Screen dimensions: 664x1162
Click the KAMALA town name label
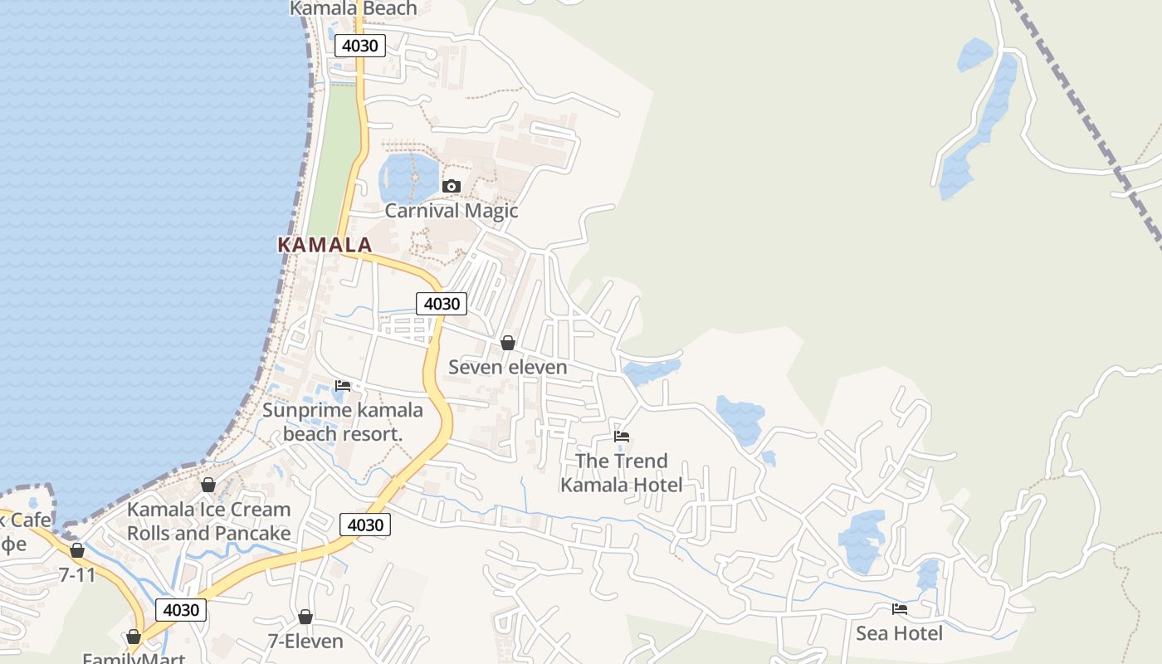[325, 245]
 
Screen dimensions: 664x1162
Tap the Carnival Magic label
[452, 211]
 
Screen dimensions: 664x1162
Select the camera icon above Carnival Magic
[452, 186]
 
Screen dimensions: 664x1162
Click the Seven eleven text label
[508, 367]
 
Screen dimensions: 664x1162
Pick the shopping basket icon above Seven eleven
[508, 343]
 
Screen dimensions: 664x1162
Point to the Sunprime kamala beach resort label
[343, 422]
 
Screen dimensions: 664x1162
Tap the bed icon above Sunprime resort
[343, 385]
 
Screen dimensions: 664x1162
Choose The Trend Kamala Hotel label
[622, 473]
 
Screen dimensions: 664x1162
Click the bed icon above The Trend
[622, 437]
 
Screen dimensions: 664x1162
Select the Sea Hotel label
[899, 633]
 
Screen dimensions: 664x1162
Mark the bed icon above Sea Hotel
[899, 609]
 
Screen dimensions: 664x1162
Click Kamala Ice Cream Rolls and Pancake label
[208, 521]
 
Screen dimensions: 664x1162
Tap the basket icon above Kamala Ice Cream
[208, 485]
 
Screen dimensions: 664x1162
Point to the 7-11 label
[77, 574]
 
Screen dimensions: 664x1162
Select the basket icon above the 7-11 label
[77, 550]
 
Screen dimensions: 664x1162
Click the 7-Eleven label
[305, 641]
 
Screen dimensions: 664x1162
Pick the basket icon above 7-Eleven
[305, 617]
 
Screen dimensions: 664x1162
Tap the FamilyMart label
[134, 657]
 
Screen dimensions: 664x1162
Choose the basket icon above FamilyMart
[134, 637]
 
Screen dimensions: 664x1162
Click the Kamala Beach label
[354, 8]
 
